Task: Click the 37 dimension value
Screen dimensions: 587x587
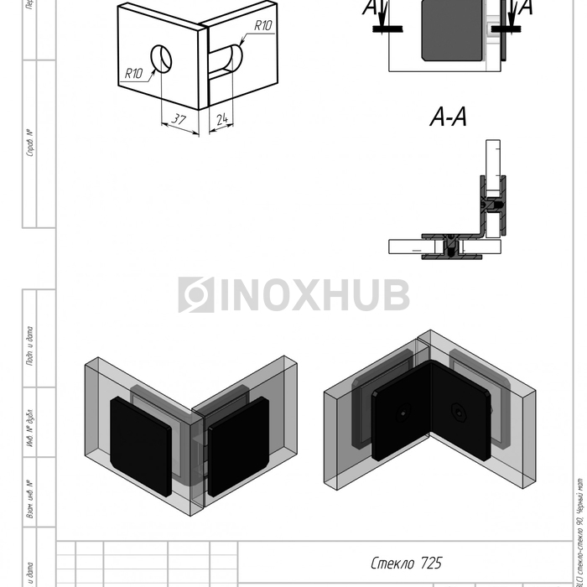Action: (x=179, y=119)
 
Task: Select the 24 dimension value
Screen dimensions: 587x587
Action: (x=221, y=120)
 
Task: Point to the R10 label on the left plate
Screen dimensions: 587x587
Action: (x=134, y=73)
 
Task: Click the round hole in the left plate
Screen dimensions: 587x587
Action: (x=161, y=58)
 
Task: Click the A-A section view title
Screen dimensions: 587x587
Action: (x=449, y=118)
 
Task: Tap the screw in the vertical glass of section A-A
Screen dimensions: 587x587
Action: (x=493, y=204)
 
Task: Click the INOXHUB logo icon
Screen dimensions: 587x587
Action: (x=196, y=295)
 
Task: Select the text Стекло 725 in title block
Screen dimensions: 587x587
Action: (x=406, y=563)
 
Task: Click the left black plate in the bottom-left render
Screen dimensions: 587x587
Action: (x=141, y=445)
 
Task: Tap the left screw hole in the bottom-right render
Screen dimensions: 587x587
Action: (x=404, y=413)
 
